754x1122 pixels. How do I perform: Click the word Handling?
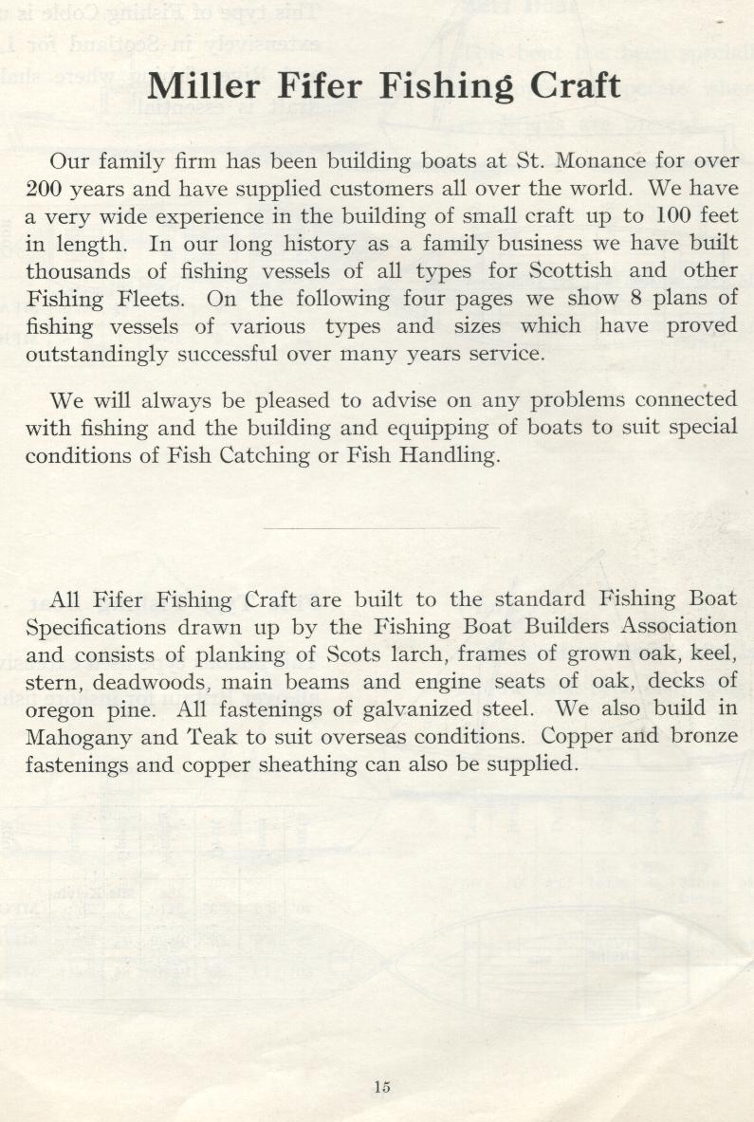pyautogui.click(x=448, y=455)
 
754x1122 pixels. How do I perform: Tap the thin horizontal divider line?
pyautogui.click(x=379, y=528)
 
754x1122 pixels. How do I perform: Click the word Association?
pyautogui.click(x=678, y=626)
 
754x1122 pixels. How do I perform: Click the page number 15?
pyautogui.click(x=382, y=1087)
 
